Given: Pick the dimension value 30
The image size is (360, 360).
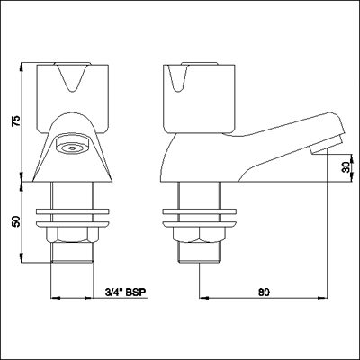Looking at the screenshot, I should [x=345, y=167].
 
